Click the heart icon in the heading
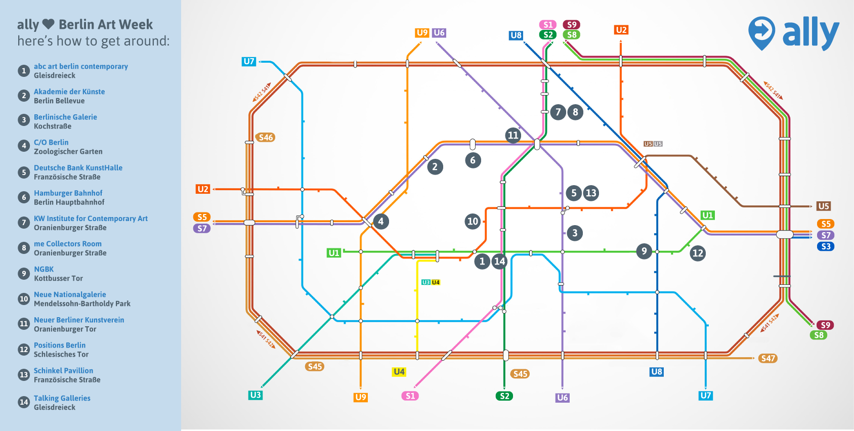[48, 24]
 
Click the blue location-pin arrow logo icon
[761, 32]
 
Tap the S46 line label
[266, 137]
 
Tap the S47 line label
[768, 358]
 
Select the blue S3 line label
[826, 246]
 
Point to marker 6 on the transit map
[473, 160]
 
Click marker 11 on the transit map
[513, 135]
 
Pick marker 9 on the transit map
[644, 251]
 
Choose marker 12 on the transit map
[698, 253]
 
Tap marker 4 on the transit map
[381, 221]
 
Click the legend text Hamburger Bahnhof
[68, 193]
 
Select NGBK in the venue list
[44, 269]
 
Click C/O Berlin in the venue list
[51, 142]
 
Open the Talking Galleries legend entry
[62, 398]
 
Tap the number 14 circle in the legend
[24, 402]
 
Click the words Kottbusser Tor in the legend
[58, 278]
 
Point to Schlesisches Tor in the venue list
[61, 354]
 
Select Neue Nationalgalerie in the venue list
[70, 294]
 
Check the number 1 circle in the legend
[24, 71]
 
